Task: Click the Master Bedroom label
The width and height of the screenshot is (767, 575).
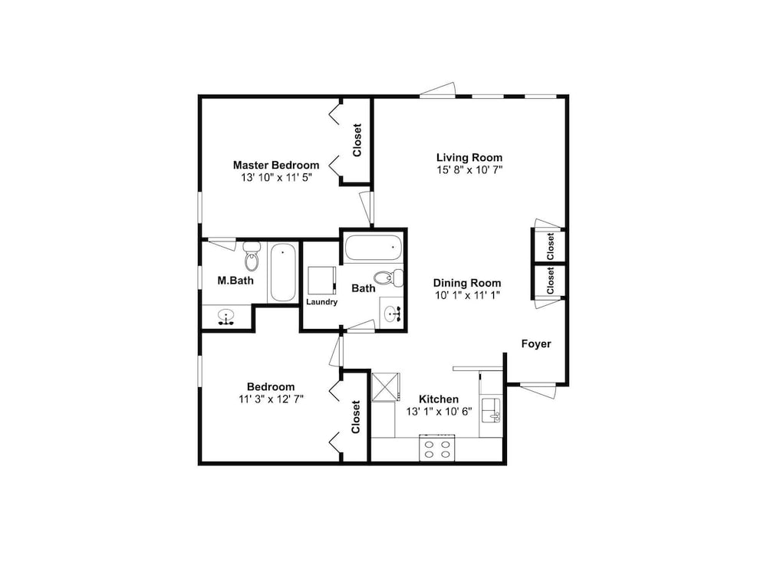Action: [276, 166]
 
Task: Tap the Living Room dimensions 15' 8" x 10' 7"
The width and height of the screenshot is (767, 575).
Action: [469, 170]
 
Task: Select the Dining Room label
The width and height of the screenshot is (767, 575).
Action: [467, 283]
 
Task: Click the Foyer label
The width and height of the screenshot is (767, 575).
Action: [536, 343]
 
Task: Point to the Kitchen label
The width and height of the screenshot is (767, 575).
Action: [439, 399]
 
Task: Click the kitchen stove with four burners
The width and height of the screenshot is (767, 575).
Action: [437, 449]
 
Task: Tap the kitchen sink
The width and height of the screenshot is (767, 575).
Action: [491, 409]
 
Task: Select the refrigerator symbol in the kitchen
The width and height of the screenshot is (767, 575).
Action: [386, 387]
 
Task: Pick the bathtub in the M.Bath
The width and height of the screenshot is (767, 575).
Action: [283, 272]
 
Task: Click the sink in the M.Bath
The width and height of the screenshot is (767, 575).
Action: [225, 316]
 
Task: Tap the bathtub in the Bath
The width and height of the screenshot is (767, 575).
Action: [374, 247]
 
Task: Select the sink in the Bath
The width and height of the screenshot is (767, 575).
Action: [392, 314]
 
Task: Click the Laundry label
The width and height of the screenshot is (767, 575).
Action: [322, 302]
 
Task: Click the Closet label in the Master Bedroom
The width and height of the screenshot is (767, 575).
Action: [357, 140]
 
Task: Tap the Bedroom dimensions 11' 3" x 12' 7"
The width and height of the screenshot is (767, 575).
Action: [271, 399]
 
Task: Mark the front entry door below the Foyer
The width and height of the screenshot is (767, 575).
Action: [538, 391]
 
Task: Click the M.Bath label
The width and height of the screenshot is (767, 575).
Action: [235, 281]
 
